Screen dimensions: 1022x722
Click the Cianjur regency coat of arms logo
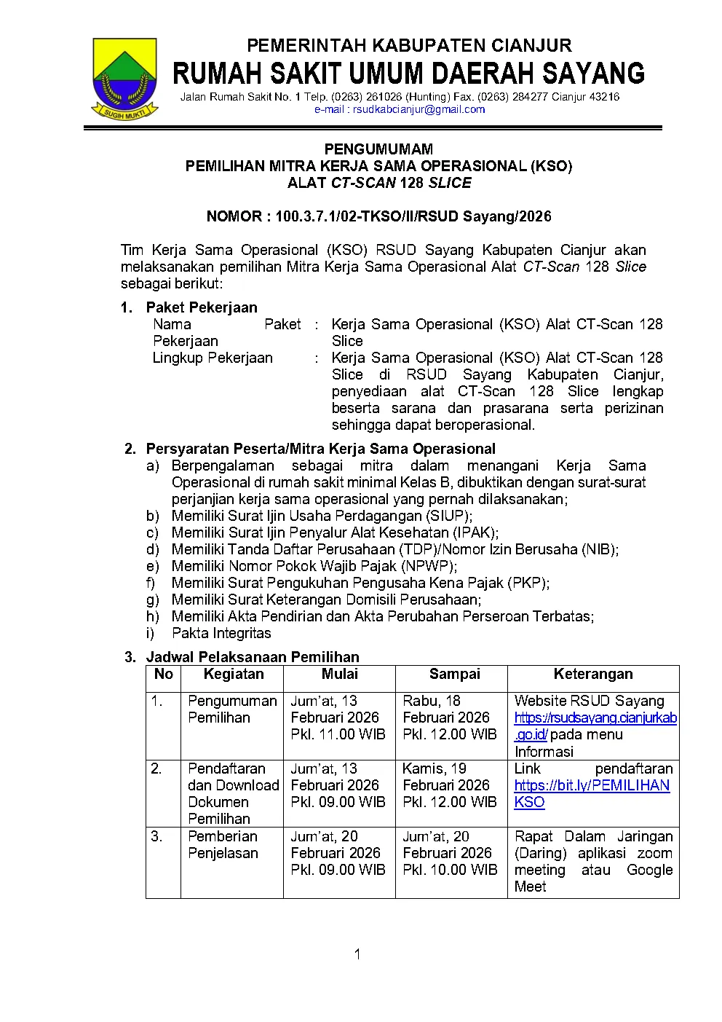click(125, 78)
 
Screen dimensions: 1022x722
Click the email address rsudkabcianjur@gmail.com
click(400, 110)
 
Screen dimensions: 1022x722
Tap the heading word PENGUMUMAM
click(378, 149)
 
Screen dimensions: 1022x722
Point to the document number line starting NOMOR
click(378, 216)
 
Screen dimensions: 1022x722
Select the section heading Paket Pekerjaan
click(202, 307)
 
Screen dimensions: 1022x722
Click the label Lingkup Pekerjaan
click(213, 358)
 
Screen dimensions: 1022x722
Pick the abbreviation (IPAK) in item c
click(474, 532)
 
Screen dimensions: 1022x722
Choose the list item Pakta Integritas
click(221, 633)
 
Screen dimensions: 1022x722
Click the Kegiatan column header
click(233, 675)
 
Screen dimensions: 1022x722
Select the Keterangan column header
click(593, 675)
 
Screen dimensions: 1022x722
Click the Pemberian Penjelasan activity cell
click(223, 845)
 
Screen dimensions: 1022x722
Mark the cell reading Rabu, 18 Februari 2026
click(449, 718)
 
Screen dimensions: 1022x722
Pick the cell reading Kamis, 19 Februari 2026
click(449, 785)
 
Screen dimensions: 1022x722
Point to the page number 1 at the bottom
click(357, 954)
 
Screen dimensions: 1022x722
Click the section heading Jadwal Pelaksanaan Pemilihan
click(253, 657)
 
